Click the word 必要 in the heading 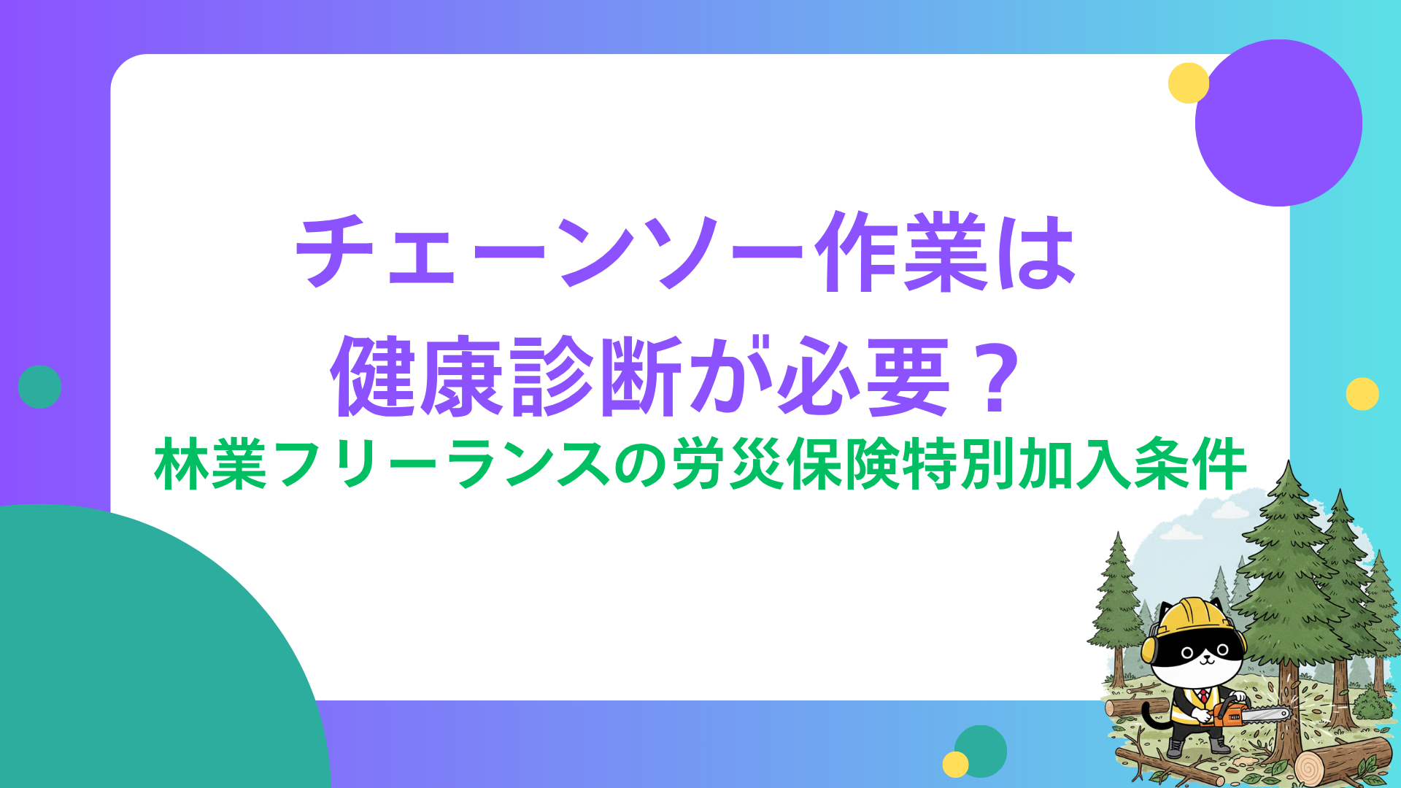pyautogui.click(x=864, y=376)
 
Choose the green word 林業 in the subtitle pyautogui.click(x=211, y=464)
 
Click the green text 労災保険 pyautogui.click(x=784, y=464)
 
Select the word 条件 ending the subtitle pyautogui.click(x=1189, y=464)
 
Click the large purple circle pyautogui.click(x=1278, y=123)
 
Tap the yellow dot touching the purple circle pyautogui.click(x=1188, y=83)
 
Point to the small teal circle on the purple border pyautogui.click(x=39, y=387)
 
